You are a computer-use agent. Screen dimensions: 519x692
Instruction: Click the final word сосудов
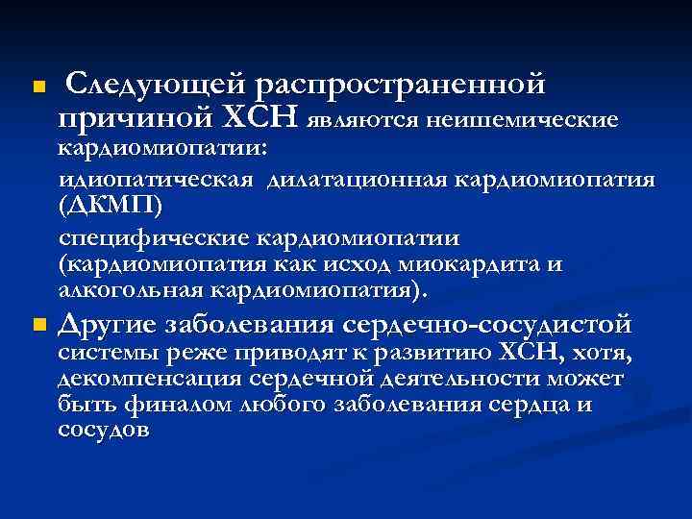coord(104,430)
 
